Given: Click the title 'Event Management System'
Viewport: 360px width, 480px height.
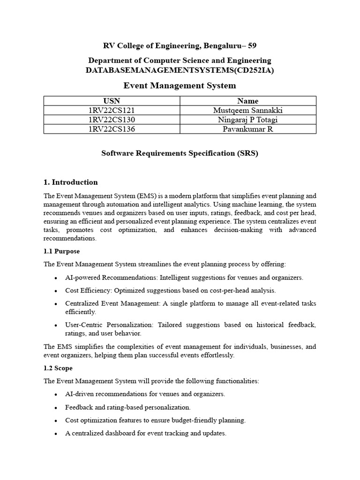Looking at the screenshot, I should pyautogui.click(x=180, y=86).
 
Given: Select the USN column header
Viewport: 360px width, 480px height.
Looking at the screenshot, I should pyautogui.click(x=112, y=101).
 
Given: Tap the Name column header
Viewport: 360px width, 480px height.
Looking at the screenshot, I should pyautogui.click(x=248, y=101).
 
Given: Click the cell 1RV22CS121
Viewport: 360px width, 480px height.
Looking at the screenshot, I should pyautogui.click(x=112, y=110).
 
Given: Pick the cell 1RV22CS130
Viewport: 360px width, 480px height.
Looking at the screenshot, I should pyautogui.click(x=112, y=120).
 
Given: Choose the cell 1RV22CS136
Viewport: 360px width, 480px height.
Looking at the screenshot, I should pyautogui.click(x=112, y=129).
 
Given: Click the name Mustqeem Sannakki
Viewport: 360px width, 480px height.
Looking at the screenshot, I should pyautogui.click(x=248, y=110).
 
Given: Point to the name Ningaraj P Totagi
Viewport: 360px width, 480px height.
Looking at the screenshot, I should pyautogui.click(x=248, y=120).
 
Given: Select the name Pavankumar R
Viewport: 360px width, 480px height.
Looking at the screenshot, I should pyautogui.click(x=248, y=129).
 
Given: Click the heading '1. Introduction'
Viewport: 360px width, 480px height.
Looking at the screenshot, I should pyautogui.click(x=71, y=182).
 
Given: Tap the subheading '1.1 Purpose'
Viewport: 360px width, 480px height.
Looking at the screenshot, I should pyautogui.click(x=62, y=251).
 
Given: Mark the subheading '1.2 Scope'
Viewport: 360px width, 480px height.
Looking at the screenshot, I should pyautogui.click(x=58, y=368).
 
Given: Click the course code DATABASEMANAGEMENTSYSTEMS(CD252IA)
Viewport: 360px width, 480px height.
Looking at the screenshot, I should pyautogui.click(x=180, y=70).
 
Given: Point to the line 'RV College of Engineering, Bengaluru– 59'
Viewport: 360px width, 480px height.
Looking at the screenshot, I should pyautogui.click(x=180, y=45).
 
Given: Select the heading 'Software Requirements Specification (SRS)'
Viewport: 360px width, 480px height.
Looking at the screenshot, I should pyautogui.click(x=180, y=153).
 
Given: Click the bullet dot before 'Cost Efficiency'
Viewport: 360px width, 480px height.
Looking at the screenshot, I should pyautogui.click(x=56, y=291).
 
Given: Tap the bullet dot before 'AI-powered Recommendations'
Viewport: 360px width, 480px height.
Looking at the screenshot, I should pyautogui.click(x=56, y=277).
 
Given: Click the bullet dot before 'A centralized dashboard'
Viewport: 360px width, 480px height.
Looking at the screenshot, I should pyautogui.click(x=56, y=434).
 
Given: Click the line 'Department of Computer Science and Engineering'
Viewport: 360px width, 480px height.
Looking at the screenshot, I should pyautogui.click(x=180, y=60).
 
